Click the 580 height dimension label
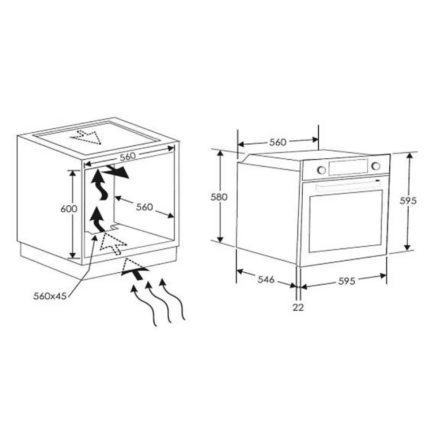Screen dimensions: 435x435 pos(219,197)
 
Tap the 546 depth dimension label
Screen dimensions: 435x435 pos(266,279)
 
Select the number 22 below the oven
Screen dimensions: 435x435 pos(298,307)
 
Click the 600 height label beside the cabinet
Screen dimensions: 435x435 pos(69,209)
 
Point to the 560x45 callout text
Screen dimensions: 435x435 pos(50,296)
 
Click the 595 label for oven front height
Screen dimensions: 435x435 pos(408,200)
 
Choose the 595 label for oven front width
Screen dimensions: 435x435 pos(347,281)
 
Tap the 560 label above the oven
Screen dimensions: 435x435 pos(278,142)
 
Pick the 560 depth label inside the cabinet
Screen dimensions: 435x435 pos(144,207)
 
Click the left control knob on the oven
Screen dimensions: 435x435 pos(321,170)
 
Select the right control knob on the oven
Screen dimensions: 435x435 pos(376,166)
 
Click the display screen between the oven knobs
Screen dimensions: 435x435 pos(348,167)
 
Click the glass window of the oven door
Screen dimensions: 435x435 pos(345,221)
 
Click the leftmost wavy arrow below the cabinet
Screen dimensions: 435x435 pos(144,305)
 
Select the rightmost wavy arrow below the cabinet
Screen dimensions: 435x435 pos(172,300)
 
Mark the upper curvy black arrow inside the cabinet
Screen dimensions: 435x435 pos(99,185)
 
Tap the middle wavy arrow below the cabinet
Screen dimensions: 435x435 pos(158,302)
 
